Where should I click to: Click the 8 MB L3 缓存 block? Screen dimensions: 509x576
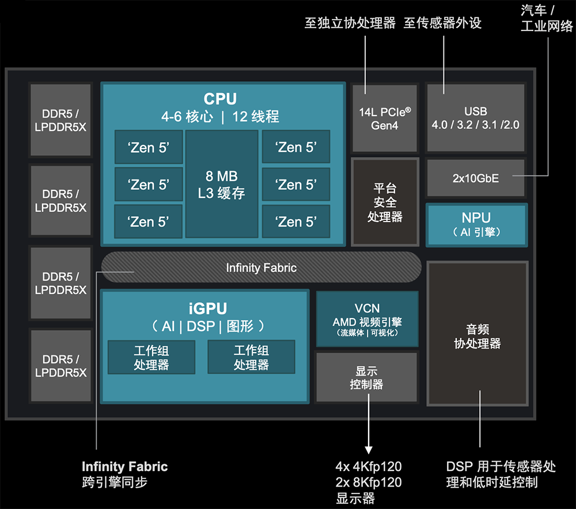222,184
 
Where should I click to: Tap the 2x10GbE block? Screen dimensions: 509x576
476,178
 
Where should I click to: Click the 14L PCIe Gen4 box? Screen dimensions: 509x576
384,118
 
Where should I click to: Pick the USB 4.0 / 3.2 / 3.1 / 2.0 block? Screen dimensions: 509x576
475,118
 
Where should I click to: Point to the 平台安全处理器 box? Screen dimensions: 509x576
384,202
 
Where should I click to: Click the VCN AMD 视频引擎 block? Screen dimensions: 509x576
367,319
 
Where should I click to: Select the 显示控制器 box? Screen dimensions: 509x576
366,377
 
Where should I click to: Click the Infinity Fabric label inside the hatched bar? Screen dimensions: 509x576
261,267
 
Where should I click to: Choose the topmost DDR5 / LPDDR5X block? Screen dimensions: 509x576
60,120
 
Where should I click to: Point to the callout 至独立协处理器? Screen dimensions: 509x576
350,23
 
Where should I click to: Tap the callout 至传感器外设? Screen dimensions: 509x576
442,23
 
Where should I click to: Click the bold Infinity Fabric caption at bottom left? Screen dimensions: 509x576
124,466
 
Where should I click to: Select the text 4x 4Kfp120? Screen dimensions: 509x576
369,466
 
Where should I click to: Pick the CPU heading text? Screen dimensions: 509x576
220,99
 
